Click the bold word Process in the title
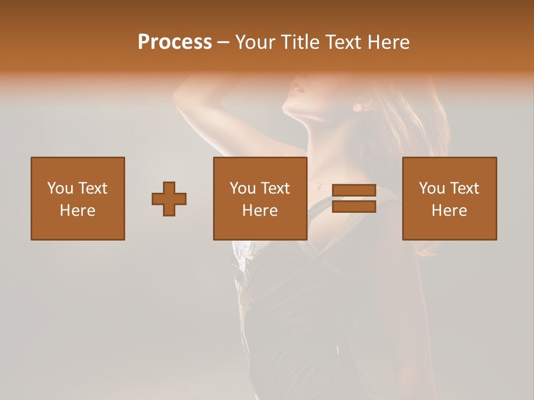[175, 42]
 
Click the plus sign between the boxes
[169, 199]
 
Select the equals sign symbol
[354, 199]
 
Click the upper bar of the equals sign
[354, 191]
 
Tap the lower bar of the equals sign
[354, 207]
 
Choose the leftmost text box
[78, 199]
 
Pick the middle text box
[260, 199]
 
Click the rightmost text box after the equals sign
[449, 199]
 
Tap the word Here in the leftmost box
[78, 211]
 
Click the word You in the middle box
[243, 188]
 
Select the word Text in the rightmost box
[464, 188]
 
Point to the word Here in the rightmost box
[449, 211]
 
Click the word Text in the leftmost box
[92, 188]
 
